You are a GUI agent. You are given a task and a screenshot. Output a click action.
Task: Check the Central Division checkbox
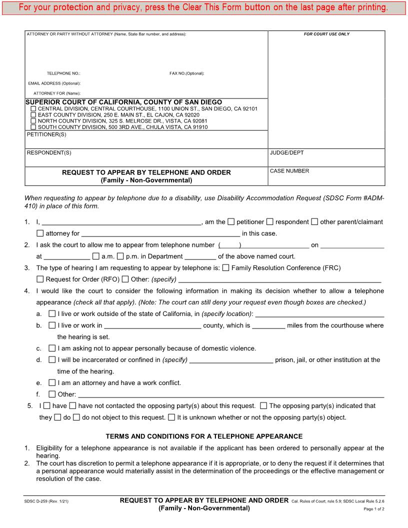tap(33, 108)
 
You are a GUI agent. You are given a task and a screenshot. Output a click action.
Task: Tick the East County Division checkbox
tap(33, 114)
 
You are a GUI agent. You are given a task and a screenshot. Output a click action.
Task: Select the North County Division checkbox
tap(33, 121)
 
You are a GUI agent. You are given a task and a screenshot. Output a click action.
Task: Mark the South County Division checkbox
tap(33, 127)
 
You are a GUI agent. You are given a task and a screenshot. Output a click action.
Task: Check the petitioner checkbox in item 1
tap(231, 221)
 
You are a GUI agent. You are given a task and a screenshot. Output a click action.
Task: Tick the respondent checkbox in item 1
tap(270, 221)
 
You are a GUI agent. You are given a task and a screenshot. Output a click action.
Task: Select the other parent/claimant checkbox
tap(314, 221)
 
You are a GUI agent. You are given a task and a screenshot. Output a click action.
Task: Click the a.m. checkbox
tap(96, 256)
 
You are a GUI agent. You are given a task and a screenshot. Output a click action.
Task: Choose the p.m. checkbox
tap(120, 256)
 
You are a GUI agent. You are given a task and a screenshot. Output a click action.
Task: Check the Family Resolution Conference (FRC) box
tap(225, 267)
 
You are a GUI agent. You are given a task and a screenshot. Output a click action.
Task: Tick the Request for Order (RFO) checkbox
tap(40, 279)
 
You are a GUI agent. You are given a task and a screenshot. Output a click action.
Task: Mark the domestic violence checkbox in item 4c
tap(52, 348)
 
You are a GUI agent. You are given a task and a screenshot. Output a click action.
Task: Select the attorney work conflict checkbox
tap(52, 382)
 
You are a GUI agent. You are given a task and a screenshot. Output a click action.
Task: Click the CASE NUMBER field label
tap(289, 171)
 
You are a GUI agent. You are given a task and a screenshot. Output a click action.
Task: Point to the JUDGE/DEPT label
tap(286, 152)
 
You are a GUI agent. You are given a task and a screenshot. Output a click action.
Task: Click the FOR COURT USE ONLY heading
tap(326, 34)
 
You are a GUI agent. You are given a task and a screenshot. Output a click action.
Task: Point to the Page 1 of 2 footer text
tap(374, 509)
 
